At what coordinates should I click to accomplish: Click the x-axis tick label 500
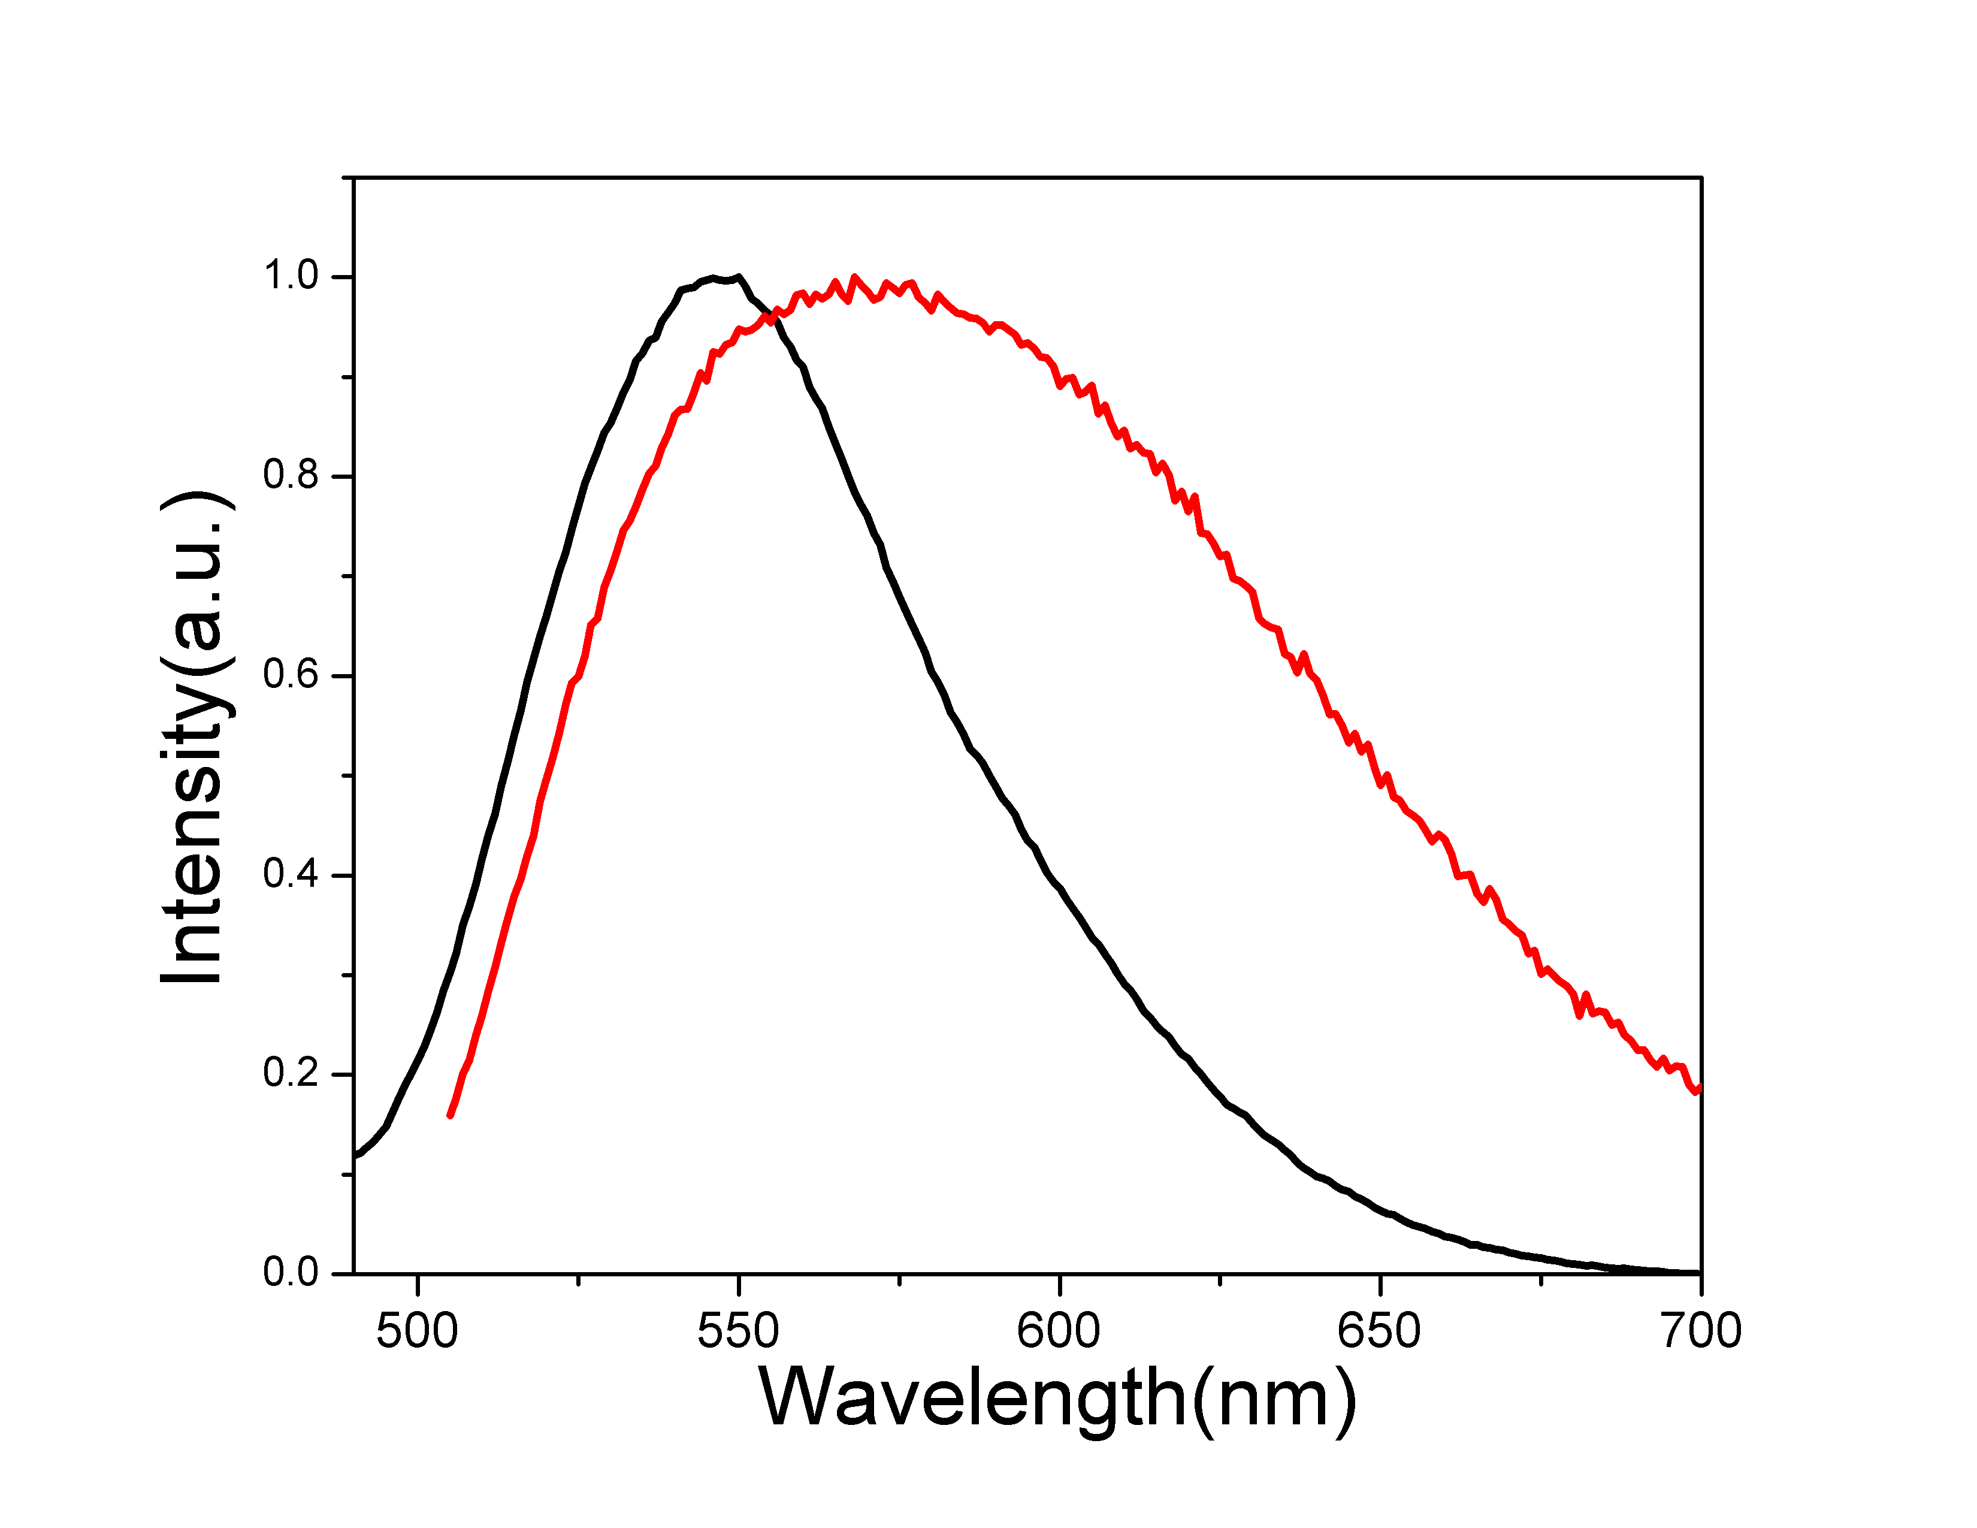pos(418,1331)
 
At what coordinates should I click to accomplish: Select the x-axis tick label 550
pos(737,1331)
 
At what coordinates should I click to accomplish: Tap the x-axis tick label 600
pos(1058,1331)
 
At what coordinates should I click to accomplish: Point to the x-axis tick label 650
pos(1379,1331)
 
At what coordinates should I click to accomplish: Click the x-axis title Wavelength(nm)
pos(1057,1399)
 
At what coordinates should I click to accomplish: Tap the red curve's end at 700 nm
pos(1699,1089)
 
